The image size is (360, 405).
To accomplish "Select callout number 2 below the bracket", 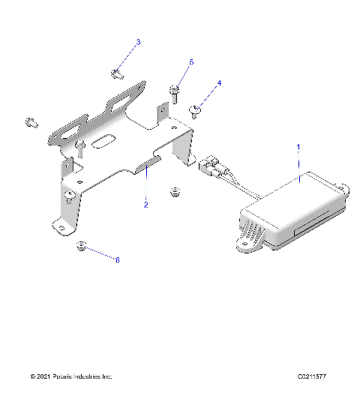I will [x=147, y=203].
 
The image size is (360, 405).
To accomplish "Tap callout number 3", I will [x=138, y=42].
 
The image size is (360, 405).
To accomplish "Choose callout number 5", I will [x=190, y=62].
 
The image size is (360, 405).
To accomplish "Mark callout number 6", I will [x=116, y=259].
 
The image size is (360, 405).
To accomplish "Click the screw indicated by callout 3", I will [x=117, y=73].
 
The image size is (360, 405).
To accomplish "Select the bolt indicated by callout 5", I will [x=174, y=93].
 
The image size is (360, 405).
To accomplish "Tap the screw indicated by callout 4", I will [x=196, y=111].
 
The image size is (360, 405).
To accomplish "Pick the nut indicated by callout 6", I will [x=82, y=247].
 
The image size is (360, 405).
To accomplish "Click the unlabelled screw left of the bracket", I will [x=31, y=121].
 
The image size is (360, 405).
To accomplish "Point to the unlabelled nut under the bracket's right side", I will [x=175, y=191].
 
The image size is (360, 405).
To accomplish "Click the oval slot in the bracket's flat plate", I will [x=105, y=139].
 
